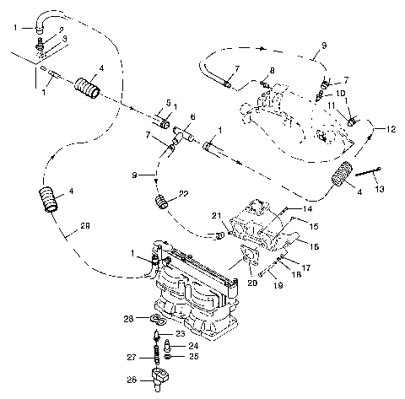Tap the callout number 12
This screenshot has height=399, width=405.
pyautogui.click(x=390, y=129)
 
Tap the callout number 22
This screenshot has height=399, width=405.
pyautogui.click(x=185, y=194)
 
